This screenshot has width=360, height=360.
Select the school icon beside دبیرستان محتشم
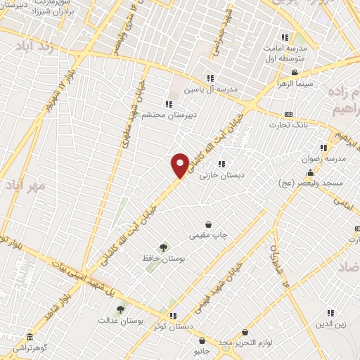[x=169, y=104]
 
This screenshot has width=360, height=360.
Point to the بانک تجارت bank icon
[x=288, y=114]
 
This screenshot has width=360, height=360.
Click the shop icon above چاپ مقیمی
[x=209, y=224]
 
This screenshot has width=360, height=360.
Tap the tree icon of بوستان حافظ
[x=164, y=247]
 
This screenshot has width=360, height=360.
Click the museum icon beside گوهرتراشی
[x=30, y=337]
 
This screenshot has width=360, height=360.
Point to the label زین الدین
[x=329, y=323]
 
